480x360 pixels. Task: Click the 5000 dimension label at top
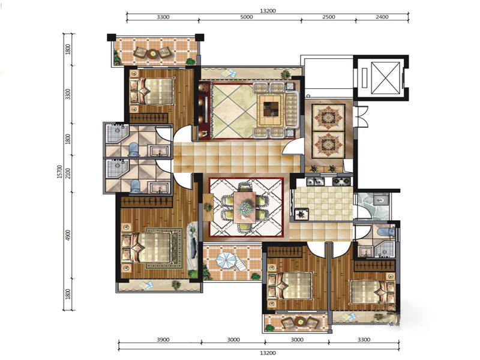247,17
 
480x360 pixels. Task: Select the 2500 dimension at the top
328,17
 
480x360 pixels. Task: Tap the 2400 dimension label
382,17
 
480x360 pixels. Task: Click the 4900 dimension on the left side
68,235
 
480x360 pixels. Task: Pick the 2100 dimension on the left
68,173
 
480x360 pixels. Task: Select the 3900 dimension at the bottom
163,340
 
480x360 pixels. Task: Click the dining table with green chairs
245,207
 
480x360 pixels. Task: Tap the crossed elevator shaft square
385,78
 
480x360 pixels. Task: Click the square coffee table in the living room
271,109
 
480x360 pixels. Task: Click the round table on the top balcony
152,53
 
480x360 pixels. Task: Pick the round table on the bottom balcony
299,322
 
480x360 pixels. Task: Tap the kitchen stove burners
341,182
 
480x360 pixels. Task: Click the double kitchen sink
316,182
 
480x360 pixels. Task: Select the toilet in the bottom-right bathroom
386,232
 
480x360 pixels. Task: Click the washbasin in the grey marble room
381,200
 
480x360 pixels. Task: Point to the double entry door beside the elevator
362,116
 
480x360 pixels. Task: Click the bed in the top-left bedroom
152,91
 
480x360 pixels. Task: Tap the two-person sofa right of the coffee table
291,110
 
